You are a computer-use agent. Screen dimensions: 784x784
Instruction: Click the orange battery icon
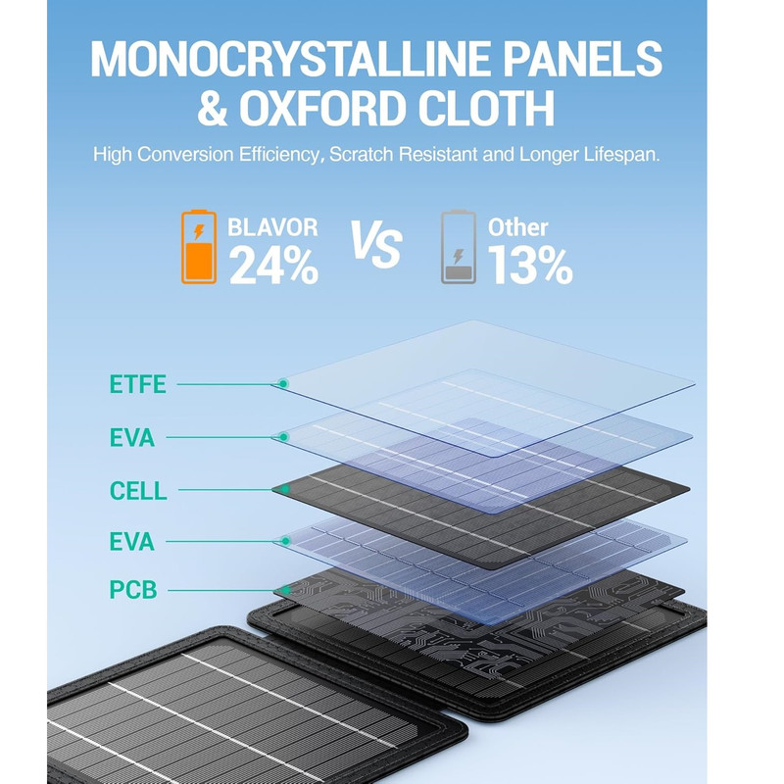199,247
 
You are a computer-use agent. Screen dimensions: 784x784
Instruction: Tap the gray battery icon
458,247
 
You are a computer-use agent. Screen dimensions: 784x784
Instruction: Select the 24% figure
273,265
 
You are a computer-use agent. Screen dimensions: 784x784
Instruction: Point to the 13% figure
530,265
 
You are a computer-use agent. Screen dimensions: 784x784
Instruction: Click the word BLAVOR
272,227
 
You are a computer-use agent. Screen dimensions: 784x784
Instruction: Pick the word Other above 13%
518,227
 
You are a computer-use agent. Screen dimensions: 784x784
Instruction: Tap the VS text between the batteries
376,244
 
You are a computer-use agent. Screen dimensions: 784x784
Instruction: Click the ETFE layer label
137,384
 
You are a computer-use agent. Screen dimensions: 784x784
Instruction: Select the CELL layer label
138,491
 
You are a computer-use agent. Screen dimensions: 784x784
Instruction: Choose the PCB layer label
133,590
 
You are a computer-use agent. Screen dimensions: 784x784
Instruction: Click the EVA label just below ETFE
132,437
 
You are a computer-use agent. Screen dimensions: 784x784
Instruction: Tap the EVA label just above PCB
132,542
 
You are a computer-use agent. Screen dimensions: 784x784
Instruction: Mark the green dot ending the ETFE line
283,383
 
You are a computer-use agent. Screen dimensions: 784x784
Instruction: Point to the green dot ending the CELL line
285,489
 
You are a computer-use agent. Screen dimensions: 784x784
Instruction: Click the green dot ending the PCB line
286,590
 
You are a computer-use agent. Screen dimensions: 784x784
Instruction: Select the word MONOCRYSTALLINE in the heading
291,59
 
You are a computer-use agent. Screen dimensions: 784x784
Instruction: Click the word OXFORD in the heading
322,108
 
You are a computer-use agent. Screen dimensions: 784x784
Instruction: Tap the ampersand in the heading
213,108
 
